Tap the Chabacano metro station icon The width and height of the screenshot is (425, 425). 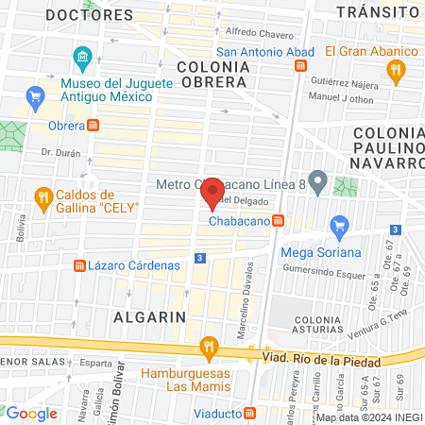(x=279, y=221)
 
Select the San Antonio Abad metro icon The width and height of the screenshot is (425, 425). (x=300, y=66)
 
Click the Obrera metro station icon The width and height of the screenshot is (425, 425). (x=93, y=126)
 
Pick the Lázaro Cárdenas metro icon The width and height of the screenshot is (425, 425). (x=78, y=265)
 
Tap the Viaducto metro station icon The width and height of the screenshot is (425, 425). (x=249, y=413)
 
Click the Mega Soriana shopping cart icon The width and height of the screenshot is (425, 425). (x=338, y=226)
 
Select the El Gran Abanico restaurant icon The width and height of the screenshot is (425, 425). (x=397, y=68)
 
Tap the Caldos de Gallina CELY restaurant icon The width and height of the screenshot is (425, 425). (x=42, y=197)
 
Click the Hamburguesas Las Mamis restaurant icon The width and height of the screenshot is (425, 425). (x=207, y=351)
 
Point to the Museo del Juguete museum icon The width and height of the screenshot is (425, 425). (x=83, y=61)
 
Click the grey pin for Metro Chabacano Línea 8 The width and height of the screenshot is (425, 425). (x=318, y=181)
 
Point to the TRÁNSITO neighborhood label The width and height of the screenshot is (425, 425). (x=378, y=11)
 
